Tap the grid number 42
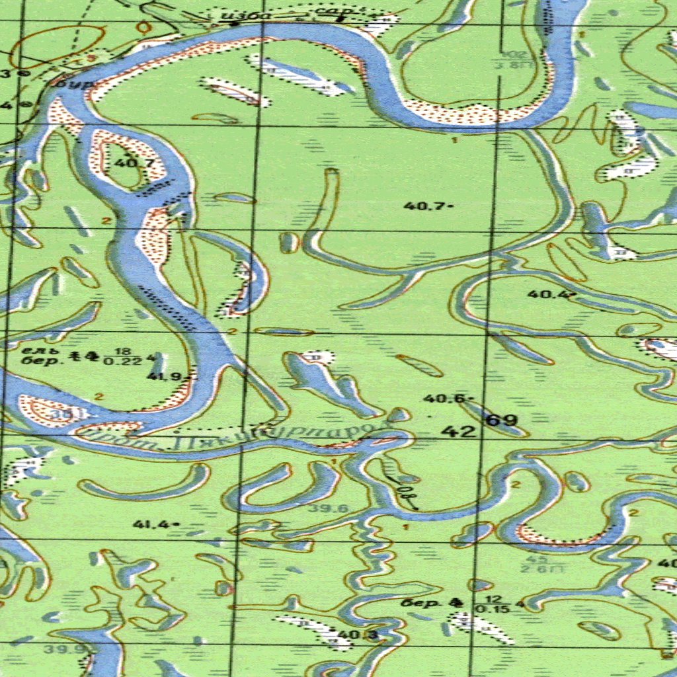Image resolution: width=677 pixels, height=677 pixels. [x=458, y=432]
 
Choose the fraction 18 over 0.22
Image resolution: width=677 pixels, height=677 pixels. [x=122, y=356]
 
